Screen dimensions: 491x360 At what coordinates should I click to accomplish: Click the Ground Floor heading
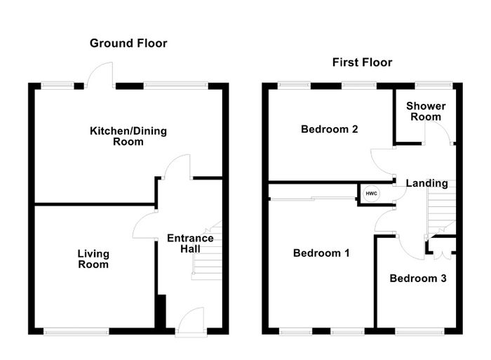[128, 44]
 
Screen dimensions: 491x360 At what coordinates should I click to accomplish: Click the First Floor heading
[362, 62]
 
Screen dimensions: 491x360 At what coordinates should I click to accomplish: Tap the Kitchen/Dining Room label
[128, 136]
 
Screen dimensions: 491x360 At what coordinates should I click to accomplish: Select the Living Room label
[93, 259]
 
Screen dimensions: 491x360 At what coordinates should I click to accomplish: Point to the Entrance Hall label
[190, 244]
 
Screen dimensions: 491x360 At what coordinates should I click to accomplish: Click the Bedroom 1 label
[321, 253]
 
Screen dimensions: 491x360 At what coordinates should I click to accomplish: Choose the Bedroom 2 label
[330, 129]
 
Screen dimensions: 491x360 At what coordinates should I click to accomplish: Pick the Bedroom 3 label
[418, 278]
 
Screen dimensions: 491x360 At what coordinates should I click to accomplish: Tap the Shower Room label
[426, 111]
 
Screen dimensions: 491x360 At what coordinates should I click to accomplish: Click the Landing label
[426, 183]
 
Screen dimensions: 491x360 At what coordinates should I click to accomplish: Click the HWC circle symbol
[371, 194]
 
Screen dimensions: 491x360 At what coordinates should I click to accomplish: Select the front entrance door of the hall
[191, 321]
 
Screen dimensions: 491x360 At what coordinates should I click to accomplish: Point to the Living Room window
[76, 331]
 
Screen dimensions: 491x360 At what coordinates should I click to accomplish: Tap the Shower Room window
[433, 85]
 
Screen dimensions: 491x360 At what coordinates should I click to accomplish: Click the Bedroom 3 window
[419, 331]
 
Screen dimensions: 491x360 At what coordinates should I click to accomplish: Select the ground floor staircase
[207, 250]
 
